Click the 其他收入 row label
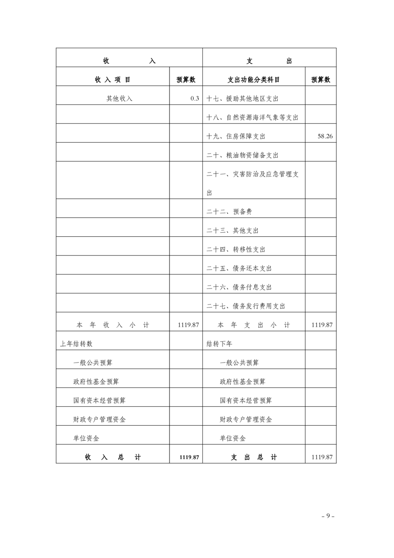click(119, 98)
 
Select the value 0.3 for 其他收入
click(194, 98)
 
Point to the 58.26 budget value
click(325, 136)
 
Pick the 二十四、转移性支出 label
click(236, 249)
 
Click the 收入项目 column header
click(113, 80)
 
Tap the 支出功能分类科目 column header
click(253, 80)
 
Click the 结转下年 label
click(220, 344)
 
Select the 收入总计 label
click(113, 457)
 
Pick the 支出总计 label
click(253, 457)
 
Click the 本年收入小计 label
click(113, 325)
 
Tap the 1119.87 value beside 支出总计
click(321, 457)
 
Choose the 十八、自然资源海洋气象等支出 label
click(252, 117)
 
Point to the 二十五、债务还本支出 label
click(239, 268)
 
